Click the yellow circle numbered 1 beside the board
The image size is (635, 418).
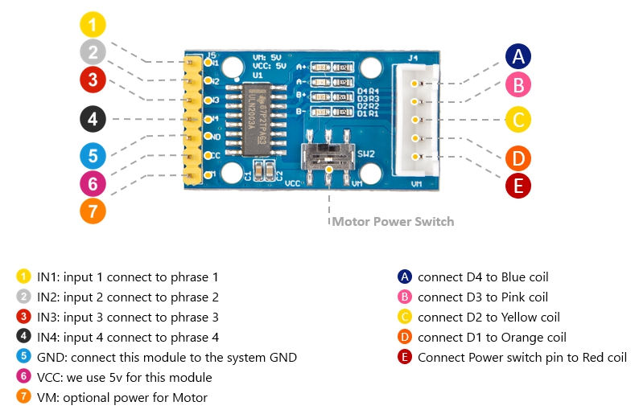[x=93, y=23]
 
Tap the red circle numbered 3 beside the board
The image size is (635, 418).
[x=93, y=80]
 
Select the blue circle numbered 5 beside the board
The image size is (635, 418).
[x=93, y=156]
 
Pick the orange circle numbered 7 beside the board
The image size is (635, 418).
[x=93, y=212]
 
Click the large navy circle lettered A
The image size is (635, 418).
[x=518, y=56]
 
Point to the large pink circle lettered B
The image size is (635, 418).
[x=518, y=84]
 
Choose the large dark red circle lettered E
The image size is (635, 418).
[x=518, y=186]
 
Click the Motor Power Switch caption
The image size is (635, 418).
[x=393, y=222]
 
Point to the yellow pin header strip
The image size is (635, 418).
[x=192, y=119]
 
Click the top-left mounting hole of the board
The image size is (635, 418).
[x=232, y=68]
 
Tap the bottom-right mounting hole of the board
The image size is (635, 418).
[x=371, y=173]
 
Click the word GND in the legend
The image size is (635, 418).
[x=50, y=358]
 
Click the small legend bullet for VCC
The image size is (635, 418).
[x=23, y=378]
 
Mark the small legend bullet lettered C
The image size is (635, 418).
[x=405, y=318]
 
